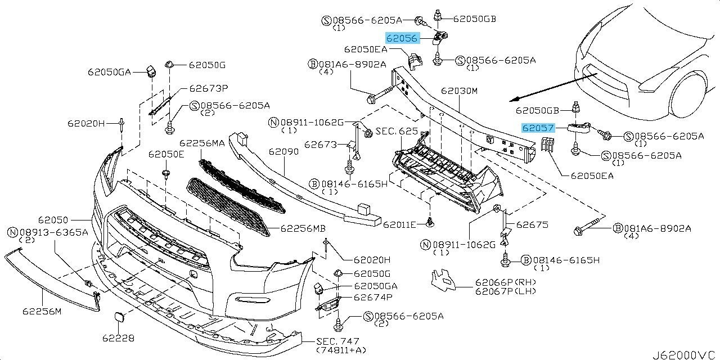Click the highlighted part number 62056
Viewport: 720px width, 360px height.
tap(402, 38)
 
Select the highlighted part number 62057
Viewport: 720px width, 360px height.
tap(538, 128)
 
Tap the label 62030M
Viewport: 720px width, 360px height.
tap(459, 91)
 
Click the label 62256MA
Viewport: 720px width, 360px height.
tap(202, 143)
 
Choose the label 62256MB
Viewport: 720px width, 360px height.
tap(303, 229)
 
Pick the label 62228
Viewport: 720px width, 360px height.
tap(118, 338)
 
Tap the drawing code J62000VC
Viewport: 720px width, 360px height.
tap(684, 355)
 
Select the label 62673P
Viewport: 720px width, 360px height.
tap(208, 88)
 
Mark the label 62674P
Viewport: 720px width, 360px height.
tap(373, 296)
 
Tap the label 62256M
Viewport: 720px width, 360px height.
tap(42, 310)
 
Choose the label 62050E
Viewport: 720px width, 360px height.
tap(166, 154)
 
